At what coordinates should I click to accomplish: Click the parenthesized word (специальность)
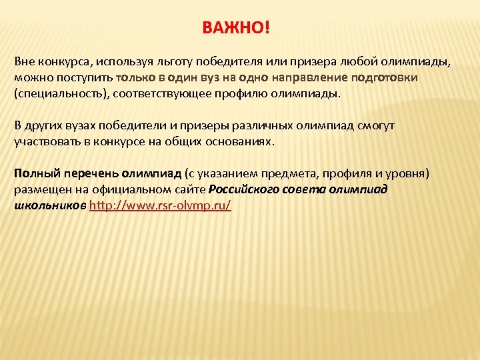click(61, 94)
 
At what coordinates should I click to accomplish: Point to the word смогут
click(376, 126)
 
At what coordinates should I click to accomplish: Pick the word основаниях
click(257, 142)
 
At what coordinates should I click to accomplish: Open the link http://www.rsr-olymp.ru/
click(160, 206)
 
